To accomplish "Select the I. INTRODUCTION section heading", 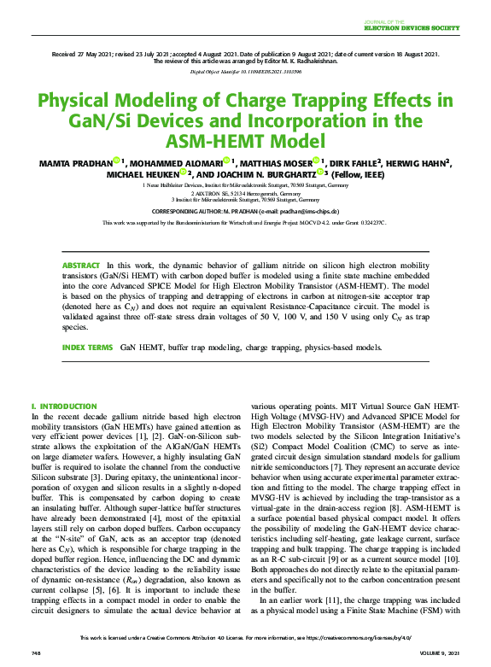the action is pyautogui.click(x=63, y=407).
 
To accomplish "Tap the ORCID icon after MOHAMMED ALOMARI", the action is pyautogui.click(x=225, y=161).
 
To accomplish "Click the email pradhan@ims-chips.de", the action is pyautogui.click(x=309, y=210).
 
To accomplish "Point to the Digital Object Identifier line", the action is pyautogui.click(x=245, y=73).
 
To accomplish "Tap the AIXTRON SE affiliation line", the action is pyautogui.click(x=245, y=192).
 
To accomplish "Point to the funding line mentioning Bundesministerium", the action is pyautogui.click(x=245, y=222).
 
